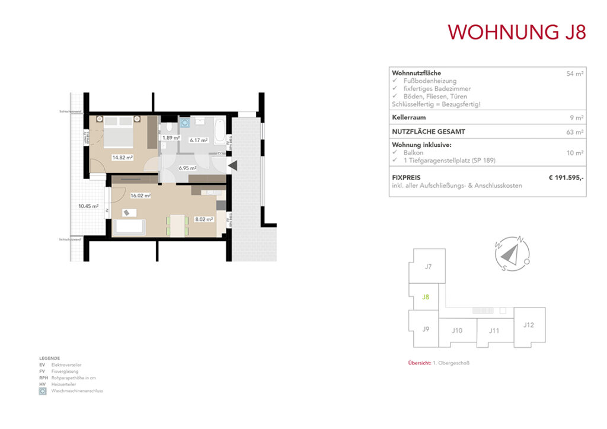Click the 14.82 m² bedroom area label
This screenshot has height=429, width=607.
122,158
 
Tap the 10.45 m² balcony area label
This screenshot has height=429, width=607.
87,206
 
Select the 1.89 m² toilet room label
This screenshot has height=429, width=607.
171,139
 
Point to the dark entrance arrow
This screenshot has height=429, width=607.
232,166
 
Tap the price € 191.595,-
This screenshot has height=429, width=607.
566,177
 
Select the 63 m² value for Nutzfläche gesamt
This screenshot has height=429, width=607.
574,132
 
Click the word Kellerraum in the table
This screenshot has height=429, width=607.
410,117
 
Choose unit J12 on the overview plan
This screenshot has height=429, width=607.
529,325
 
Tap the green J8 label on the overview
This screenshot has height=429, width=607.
425,297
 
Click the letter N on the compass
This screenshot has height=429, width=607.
520,240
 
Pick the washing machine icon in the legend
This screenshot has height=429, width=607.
43,392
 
